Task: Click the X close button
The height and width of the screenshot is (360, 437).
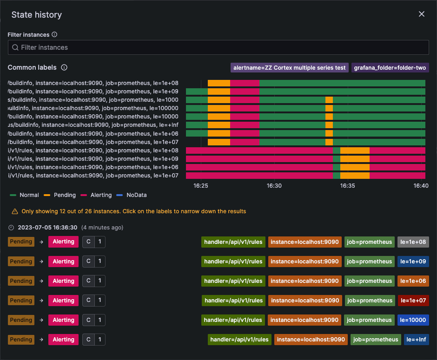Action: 422,14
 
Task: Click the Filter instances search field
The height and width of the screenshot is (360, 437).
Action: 218,47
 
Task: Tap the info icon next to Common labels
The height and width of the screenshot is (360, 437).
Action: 64,67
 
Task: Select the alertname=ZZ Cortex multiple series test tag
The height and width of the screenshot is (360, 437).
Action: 290,68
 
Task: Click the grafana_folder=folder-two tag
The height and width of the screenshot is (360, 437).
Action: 390,68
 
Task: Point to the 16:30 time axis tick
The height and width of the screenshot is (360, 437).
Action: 274,185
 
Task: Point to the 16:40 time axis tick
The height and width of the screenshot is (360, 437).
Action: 421,185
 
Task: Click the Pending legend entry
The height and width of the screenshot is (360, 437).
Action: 60,195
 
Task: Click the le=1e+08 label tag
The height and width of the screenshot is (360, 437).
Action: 413,242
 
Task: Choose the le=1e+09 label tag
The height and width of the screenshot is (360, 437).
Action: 413,262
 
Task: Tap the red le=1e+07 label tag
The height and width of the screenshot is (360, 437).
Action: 413,301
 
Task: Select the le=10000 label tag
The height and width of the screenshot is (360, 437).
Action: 413,320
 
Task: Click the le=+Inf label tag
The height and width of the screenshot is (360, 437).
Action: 416,340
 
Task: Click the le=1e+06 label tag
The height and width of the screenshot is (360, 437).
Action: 413,281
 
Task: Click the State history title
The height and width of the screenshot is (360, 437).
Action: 37,15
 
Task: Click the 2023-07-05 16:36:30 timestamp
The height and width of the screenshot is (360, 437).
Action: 47,228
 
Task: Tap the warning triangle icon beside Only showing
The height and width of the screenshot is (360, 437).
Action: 14,211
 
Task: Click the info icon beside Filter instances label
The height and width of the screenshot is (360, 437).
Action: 54,35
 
